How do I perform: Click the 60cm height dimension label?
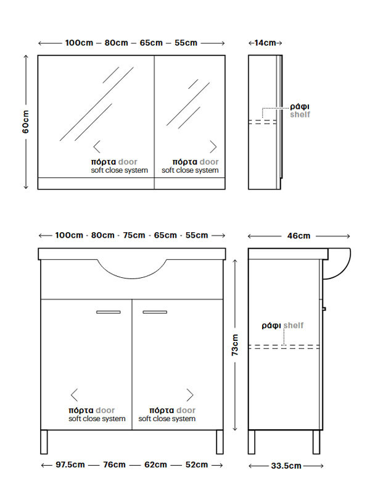[x=25, y=122]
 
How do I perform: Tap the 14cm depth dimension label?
[x=265, y=43]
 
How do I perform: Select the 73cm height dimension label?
[x=235, y=345]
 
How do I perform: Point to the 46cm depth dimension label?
[x=298, y=236]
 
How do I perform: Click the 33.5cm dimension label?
[x=286, y=466]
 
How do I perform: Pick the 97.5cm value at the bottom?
[x=70, y=465]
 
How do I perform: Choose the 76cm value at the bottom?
[x=114, y=465]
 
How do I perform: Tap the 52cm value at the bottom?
[x=197, y=465]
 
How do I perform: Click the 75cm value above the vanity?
[x=134, y=235]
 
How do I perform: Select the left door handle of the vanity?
[x=109, y=312]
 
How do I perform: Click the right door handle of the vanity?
[x=155, y=312]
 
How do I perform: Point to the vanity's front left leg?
[x=44, y=442]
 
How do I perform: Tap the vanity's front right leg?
[x=220, y=442]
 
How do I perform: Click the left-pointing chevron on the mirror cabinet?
[x=97, y=147]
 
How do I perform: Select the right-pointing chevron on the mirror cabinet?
[x=213, y=147]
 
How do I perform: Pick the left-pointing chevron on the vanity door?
[x=74, y=395]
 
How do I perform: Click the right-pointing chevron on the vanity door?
[x=190, y=395]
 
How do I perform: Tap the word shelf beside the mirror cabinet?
[x=300, y=114]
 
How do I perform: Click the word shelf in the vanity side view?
[x=294, y=325]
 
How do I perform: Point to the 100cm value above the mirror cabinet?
[x=79, y=43]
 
